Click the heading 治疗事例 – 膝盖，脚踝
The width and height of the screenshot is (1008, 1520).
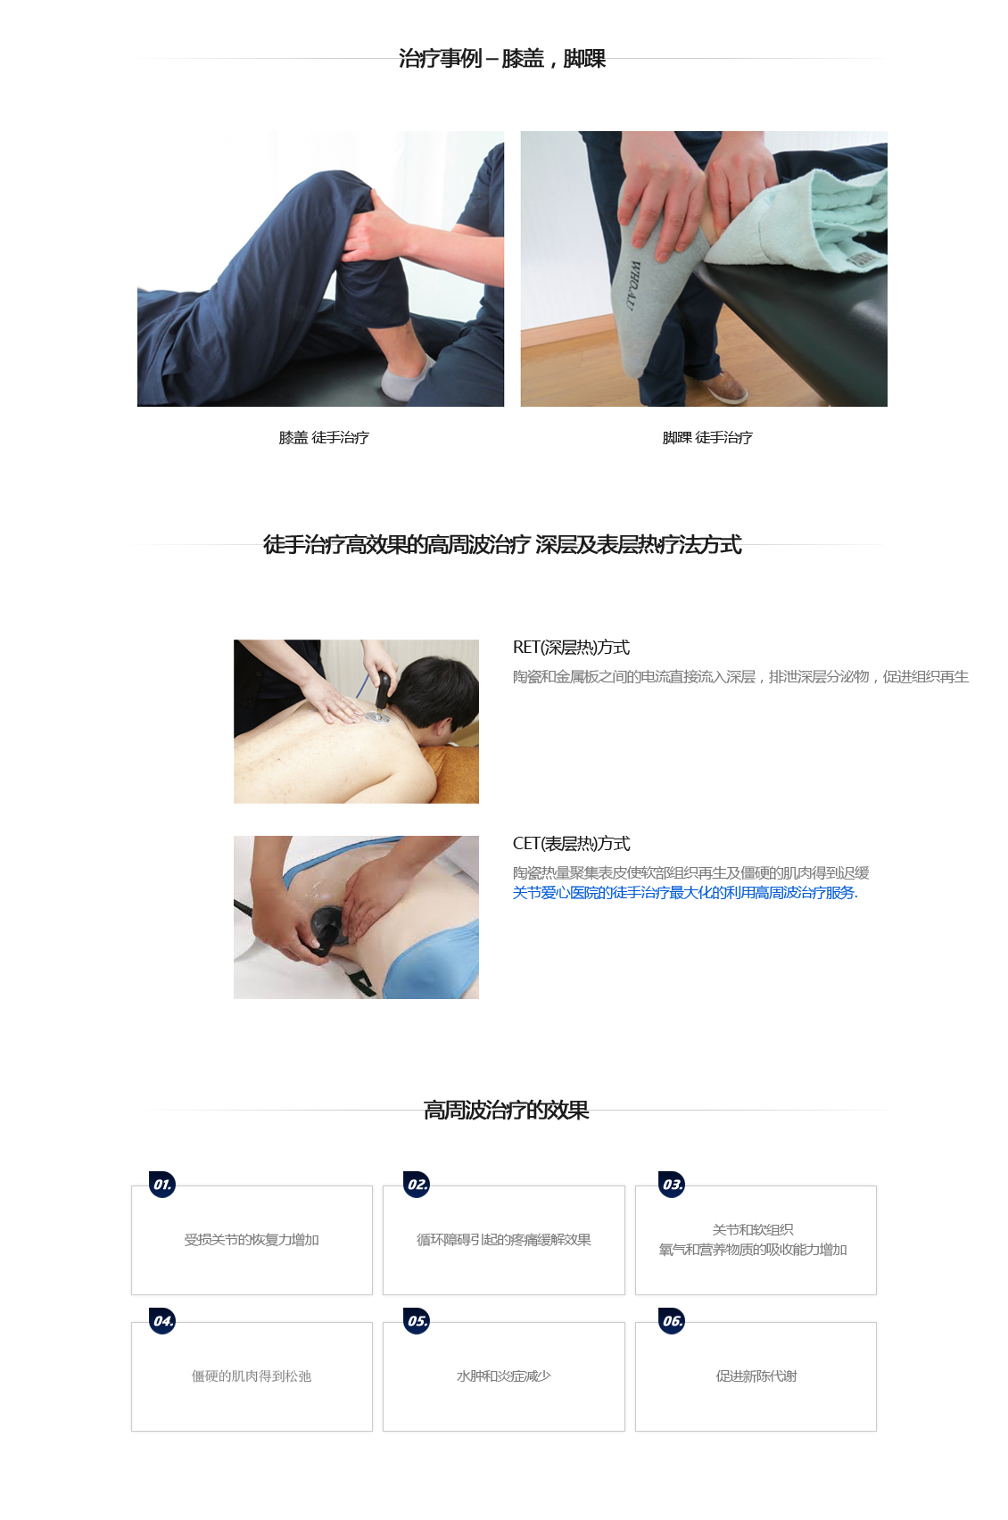coord(501,59)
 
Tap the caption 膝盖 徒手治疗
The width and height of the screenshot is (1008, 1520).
coord(324,438)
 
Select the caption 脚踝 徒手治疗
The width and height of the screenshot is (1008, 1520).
coord(707,438)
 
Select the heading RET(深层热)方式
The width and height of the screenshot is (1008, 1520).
coord(571,648)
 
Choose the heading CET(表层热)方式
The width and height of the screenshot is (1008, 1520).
coord(571,844)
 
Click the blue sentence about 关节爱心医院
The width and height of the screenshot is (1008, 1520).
coord(685,893)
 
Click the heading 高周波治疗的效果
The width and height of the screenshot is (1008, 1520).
coord(506,1111)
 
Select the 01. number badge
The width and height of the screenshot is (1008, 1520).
coord(162,1184)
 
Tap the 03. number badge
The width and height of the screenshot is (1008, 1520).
coord(672,1184)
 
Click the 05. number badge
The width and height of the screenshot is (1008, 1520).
coord(417,1320)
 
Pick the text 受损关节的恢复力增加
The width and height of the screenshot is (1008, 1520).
coord(252,1240)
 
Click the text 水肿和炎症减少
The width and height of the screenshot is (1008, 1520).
coord(504,1376)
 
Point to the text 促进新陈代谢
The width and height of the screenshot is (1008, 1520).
coord(756,1376)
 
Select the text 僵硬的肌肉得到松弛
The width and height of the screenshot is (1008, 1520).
coord(252,1376)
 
